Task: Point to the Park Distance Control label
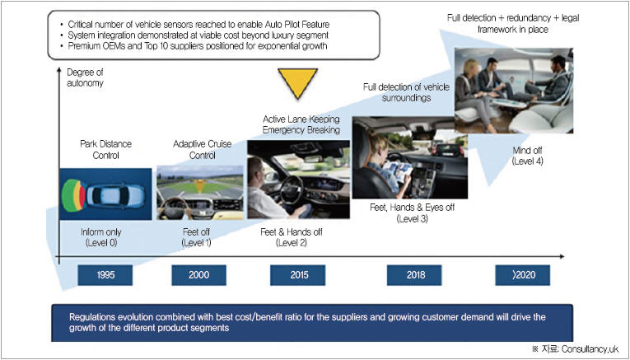click(x=105, y=150)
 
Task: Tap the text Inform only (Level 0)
click(x=105, y=238)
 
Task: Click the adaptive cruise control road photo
click(x=199, y=193)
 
